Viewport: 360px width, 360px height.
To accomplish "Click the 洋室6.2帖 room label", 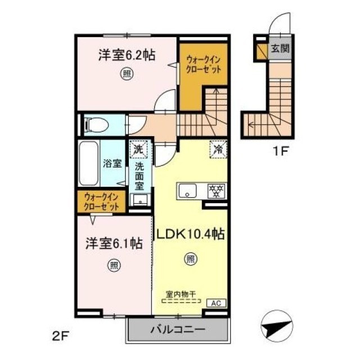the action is (127, 55).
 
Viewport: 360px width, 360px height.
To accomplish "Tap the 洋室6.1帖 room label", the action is (114, 244).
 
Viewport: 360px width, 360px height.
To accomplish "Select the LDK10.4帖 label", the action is (190, 235).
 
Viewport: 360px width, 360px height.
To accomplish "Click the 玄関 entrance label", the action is (280, 48).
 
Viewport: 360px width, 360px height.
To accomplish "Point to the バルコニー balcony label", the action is (178, 330).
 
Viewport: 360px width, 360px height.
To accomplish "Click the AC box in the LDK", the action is (217, 303).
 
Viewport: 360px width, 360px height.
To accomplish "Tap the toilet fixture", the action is (96, 125).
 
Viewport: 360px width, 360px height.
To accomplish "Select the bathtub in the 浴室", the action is (88, 164).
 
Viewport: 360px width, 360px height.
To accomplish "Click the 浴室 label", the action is (112, 164).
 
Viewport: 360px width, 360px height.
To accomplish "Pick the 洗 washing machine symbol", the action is (138, 150).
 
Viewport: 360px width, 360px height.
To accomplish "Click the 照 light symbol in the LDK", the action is (191, 259).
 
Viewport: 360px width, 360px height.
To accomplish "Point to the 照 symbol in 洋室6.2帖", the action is (127, 74).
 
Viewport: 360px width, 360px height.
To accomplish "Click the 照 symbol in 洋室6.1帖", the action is (114, 265).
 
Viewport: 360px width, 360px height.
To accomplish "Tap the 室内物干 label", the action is (181, 294).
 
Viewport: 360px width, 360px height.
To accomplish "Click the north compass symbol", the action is (277, 327).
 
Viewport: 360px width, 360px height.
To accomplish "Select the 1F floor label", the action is (280, 151).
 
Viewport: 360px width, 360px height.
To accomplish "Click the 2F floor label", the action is (61, 336).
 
